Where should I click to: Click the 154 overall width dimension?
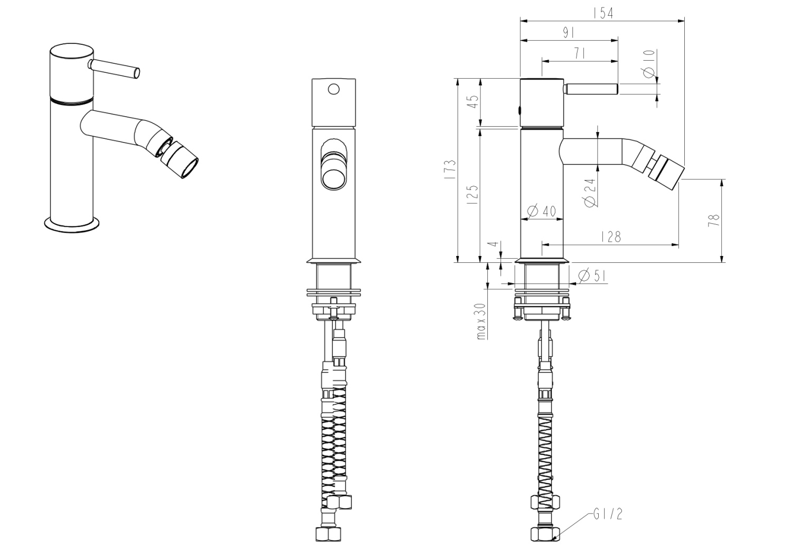click(x=604, y=13)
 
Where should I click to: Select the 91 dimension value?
click(x=568, y=33)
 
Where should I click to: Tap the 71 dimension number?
click(x=579, y=54)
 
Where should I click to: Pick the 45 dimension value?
click(x=474, y=102)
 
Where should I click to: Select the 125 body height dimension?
click(x=473, y=195)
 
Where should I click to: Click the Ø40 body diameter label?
click(x=541, y=211)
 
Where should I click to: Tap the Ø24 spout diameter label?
click(x=590, y=192)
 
